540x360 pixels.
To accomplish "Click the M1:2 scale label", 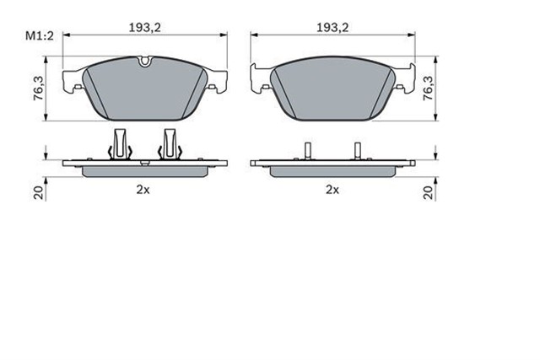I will tap(37, 35).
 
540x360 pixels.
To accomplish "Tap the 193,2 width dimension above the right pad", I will tap(332, 28).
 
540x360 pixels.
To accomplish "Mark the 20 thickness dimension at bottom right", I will tap(430, 191).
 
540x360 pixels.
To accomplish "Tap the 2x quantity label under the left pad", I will tap(143, 190).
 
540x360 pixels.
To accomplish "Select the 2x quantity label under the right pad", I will tap(332, 190).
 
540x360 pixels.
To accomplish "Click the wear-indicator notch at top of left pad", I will tap(144, 61).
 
